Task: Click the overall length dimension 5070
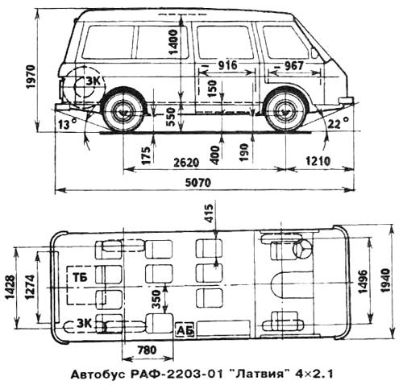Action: pos(198,183)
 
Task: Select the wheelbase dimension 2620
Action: pos(186,163)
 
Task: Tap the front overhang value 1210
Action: pos(318,161)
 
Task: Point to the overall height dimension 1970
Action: pos(31,77)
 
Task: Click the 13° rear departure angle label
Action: pos(68,124)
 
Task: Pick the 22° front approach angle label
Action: pos(339,123)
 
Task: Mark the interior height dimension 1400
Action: pos(173,42)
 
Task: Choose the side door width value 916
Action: pos(227,65)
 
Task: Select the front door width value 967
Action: pos(293,66)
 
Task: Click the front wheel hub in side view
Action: pos(283,112)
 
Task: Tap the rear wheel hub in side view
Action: pos(124,112)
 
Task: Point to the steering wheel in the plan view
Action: pos(303,249)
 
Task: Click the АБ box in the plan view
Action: pos(185,330)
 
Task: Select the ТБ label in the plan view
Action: pos(80,277)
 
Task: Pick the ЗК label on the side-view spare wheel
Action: pos(93,81)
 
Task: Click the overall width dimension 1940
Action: pos(385,280)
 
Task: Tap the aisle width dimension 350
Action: pos(156,299)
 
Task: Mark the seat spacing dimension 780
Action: pos(147,350)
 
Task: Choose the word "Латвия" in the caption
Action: pos(260,374)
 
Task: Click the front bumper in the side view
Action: pos(346,101)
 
